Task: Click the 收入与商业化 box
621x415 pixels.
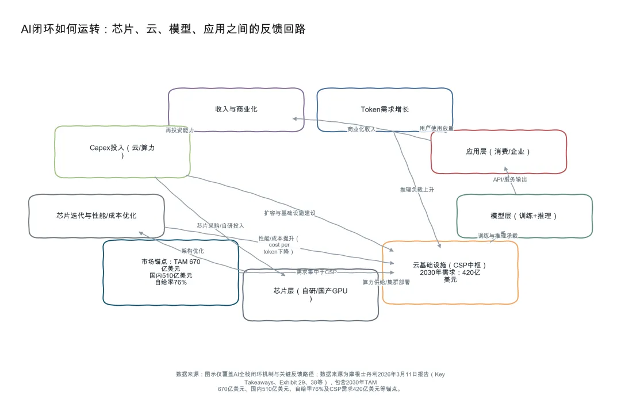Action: [x=236, y=109]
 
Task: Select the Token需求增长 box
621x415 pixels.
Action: [x=385, y=109]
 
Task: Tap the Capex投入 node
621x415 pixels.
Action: [x=122, y=152]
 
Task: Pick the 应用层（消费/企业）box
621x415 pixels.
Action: [x=499, y=152]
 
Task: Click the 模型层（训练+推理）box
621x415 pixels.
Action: [x=524, y=216]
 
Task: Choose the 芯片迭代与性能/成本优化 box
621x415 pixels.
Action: [x=97, y=216]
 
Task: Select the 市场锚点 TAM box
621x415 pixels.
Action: [x=171, y=272]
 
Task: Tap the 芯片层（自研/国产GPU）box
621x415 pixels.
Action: [x=310, y=295]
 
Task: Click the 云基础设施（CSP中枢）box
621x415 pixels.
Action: [x=450, y=272]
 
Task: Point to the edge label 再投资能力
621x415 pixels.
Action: [x=179, y=130]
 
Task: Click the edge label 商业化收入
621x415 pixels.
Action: [x=362, y=129]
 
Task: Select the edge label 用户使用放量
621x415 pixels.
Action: [x=436, y=128]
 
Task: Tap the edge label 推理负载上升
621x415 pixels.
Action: [x=417, y=189]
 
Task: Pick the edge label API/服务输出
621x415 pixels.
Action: [x=510, y=179]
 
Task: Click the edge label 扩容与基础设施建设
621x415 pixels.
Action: [x=290, y=213]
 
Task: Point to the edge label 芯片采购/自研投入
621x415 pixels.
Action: [x=220, y=226]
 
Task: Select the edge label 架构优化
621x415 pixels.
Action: [x=193, y=251]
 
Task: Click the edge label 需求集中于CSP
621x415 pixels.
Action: [x=316, y=271]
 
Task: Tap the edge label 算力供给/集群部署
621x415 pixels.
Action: [x=386, y=282]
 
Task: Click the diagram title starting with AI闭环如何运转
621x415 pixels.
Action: [x=163, y=29]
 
